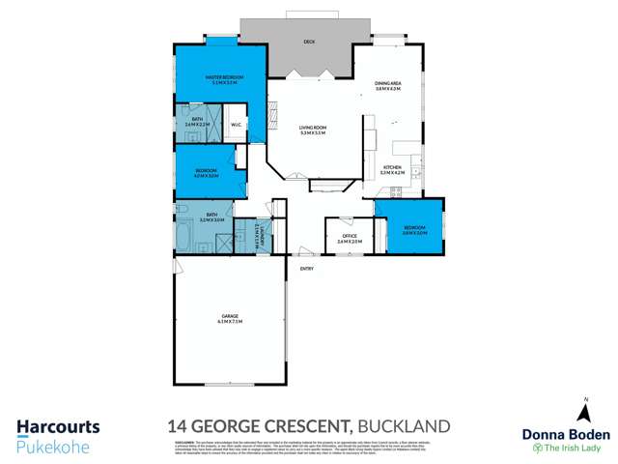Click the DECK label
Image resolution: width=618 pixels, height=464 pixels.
coord(309,41)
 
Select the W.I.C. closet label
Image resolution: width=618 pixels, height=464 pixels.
coord(237,123)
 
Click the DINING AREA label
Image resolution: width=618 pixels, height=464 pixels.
coord(389,86)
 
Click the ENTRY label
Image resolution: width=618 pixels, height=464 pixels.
coord(307,268)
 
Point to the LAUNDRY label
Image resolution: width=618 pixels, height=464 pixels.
coord(261,233)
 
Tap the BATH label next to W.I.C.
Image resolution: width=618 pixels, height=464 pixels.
coord(196,122)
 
